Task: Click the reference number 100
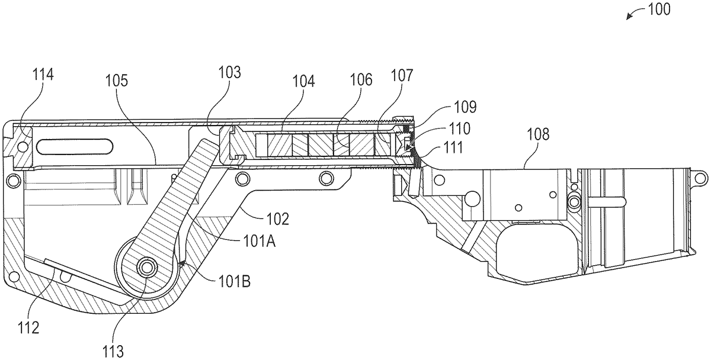tap(659, 9)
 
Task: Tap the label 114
tap(43, 75)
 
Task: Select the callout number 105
tap(117, 81)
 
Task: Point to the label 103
tap(229, 72)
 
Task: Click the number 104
tap(303, 81)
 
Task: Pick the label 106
tap(361, 79)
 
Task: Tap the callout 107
tap(402, 75)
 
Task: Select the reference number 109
tap(465, 107)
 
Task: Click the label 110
tap(459, 128)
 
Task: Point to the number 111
tap(453, 148)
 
